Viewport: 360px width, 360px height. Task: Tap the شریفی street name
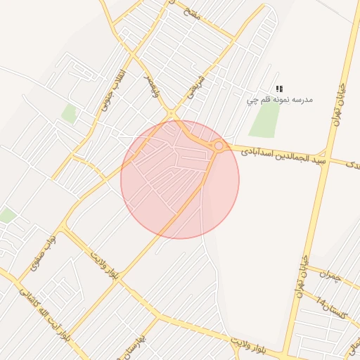[x=193, y=85]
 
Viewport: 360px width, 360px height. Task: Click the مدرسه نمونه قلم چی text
[x=279, y=100]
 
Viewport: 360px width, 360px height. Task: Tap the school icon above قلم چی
[x=279, y=89]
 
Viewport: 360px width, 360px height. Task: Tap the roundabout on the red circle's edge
[x=219, y=146]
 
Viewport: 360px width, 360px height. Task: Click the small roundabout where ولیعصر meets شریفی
[x=171, y=113]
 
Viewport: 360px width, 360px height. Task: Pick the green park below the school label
[x=265, y=120]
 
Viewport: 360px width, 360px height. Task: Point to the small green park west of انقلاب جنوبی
[x=69, y=113]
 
